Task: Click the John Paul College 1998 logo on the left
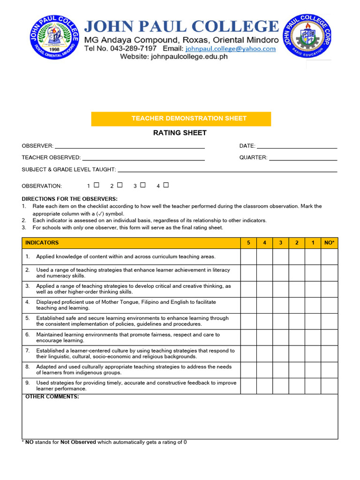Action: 54,37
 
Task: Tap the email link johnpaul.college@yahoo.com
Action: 230,48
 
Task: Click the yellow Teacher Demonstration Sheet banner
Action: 181,119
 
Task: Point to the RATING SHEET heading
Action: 180,133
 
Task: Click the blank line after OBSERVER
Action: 130,146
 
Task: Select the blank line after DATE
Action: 297,146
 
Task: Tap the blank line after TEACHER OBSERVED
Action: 143,158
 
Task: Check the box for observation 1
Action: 97,185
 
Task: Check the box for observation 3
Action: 143,185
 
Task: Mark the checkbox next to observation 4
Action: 166,185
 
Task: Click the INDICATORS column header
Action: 42,243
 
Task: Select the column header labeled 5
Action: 248,243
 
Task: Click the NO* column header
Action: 329,243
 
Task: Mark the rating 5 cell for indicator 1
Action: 248,257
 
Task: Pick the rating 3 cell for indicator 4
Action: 281,305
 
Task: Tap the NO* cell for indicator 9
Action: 329,386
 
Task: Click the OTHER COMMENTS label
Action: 52,397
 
